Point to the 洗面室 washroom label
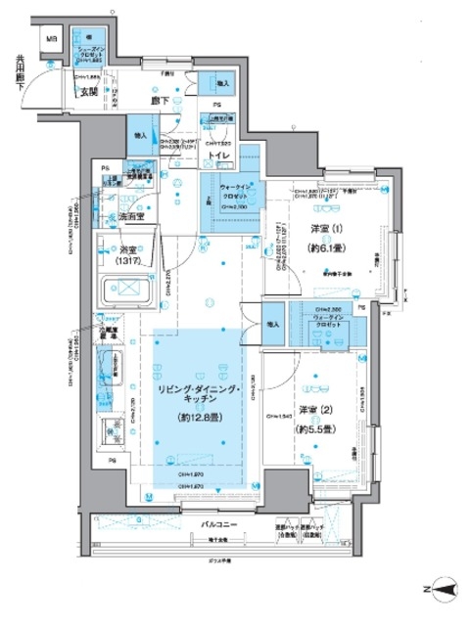click(125, 216)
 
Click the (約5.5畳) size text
click(315, 428)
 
